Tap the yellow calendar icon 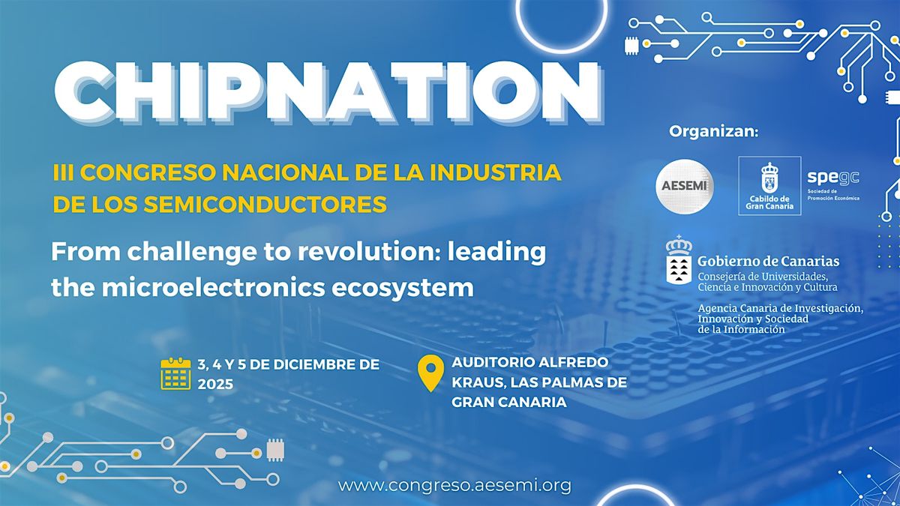[176, 373]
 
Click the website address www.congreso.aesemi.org [455, 485]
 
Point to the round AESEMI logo [684, 186]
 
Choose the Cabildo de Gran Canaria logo [769, 185]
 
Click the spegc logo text [832, 178]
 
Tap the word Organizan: [713, 132]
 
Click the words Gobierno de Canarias [768, 262]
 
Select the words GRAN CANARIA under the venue [508, 402]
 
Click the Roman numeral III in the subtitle [63, 172]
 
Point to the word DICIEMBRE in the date [310, 365]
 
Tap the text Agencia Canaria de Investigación [780, 309]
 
